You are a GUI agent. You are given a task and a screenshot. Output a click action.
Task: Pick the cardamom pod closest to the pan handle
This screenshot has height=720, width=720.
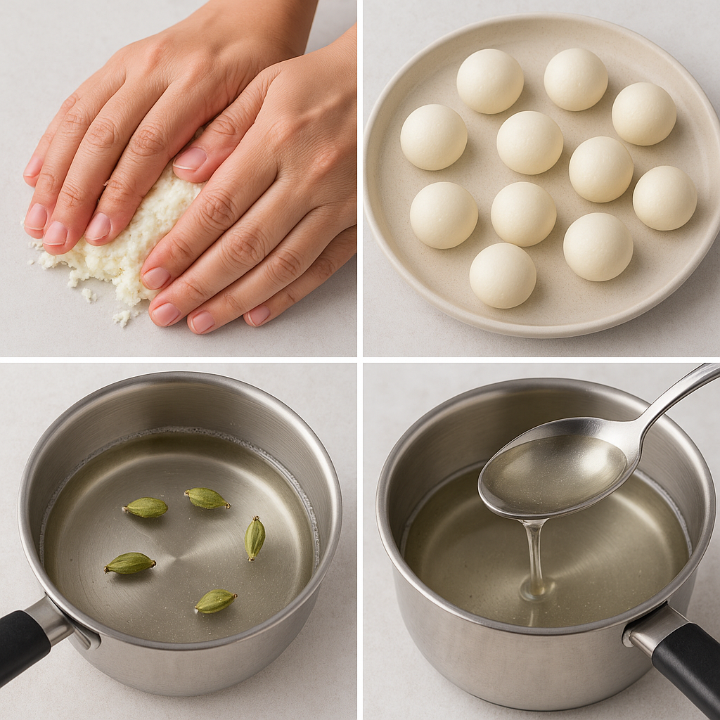[x=130, y=562]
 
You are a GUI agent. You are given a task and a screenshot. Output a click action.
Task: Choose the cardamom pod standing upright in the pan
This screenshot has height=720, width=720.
[x=255, y=538]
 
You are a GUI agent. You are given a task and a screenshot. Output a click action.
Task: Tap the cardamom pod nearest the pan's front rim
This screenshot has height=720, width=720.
[x=215, y=600]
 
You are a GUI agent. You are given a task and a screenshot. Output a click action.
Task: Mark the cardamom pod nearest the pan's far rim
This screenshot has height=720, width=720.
[x=207, y=499]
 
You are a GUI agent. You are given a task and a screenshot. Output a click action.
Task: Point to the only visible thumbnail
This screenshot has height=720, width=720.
[x=190, y=158]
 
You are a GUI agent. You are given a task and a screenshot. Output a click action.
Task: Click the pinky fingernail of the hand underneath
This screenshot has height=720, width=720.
[x=33, y=167]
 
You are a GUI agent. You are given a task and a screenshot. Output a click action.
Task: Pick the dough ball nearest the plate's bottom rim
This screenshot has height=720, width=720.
[x=502, y=275]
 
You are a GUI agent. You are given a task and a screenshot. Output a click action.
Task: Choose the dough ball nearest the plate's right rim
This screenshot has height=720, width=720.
[x=664, y=198]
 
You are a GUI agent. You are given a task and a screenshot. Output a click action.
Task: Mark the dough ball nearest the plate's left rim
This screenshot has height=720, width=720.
[x=433, y=136]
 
